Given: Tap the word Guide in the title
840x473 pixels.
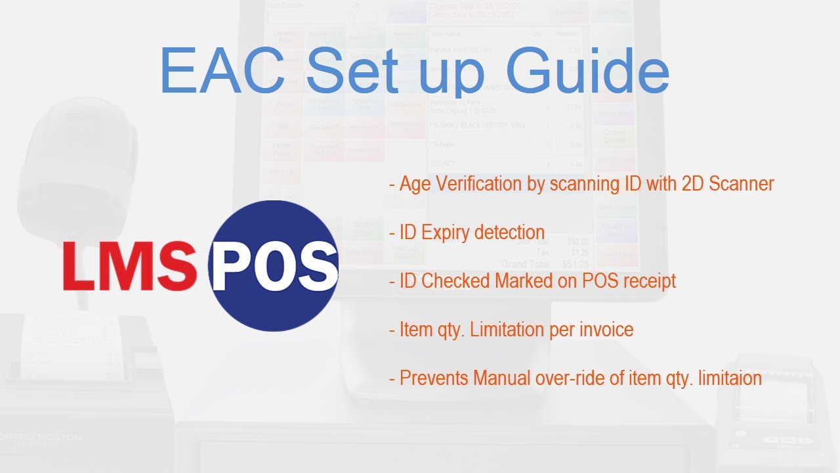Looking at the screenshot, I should click(587, 72).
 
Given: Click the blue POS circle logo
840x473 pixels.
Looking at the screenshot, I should click(274, 265).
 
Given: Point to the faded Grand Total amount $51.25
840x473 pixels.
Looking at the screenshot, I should click(575, 264).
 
